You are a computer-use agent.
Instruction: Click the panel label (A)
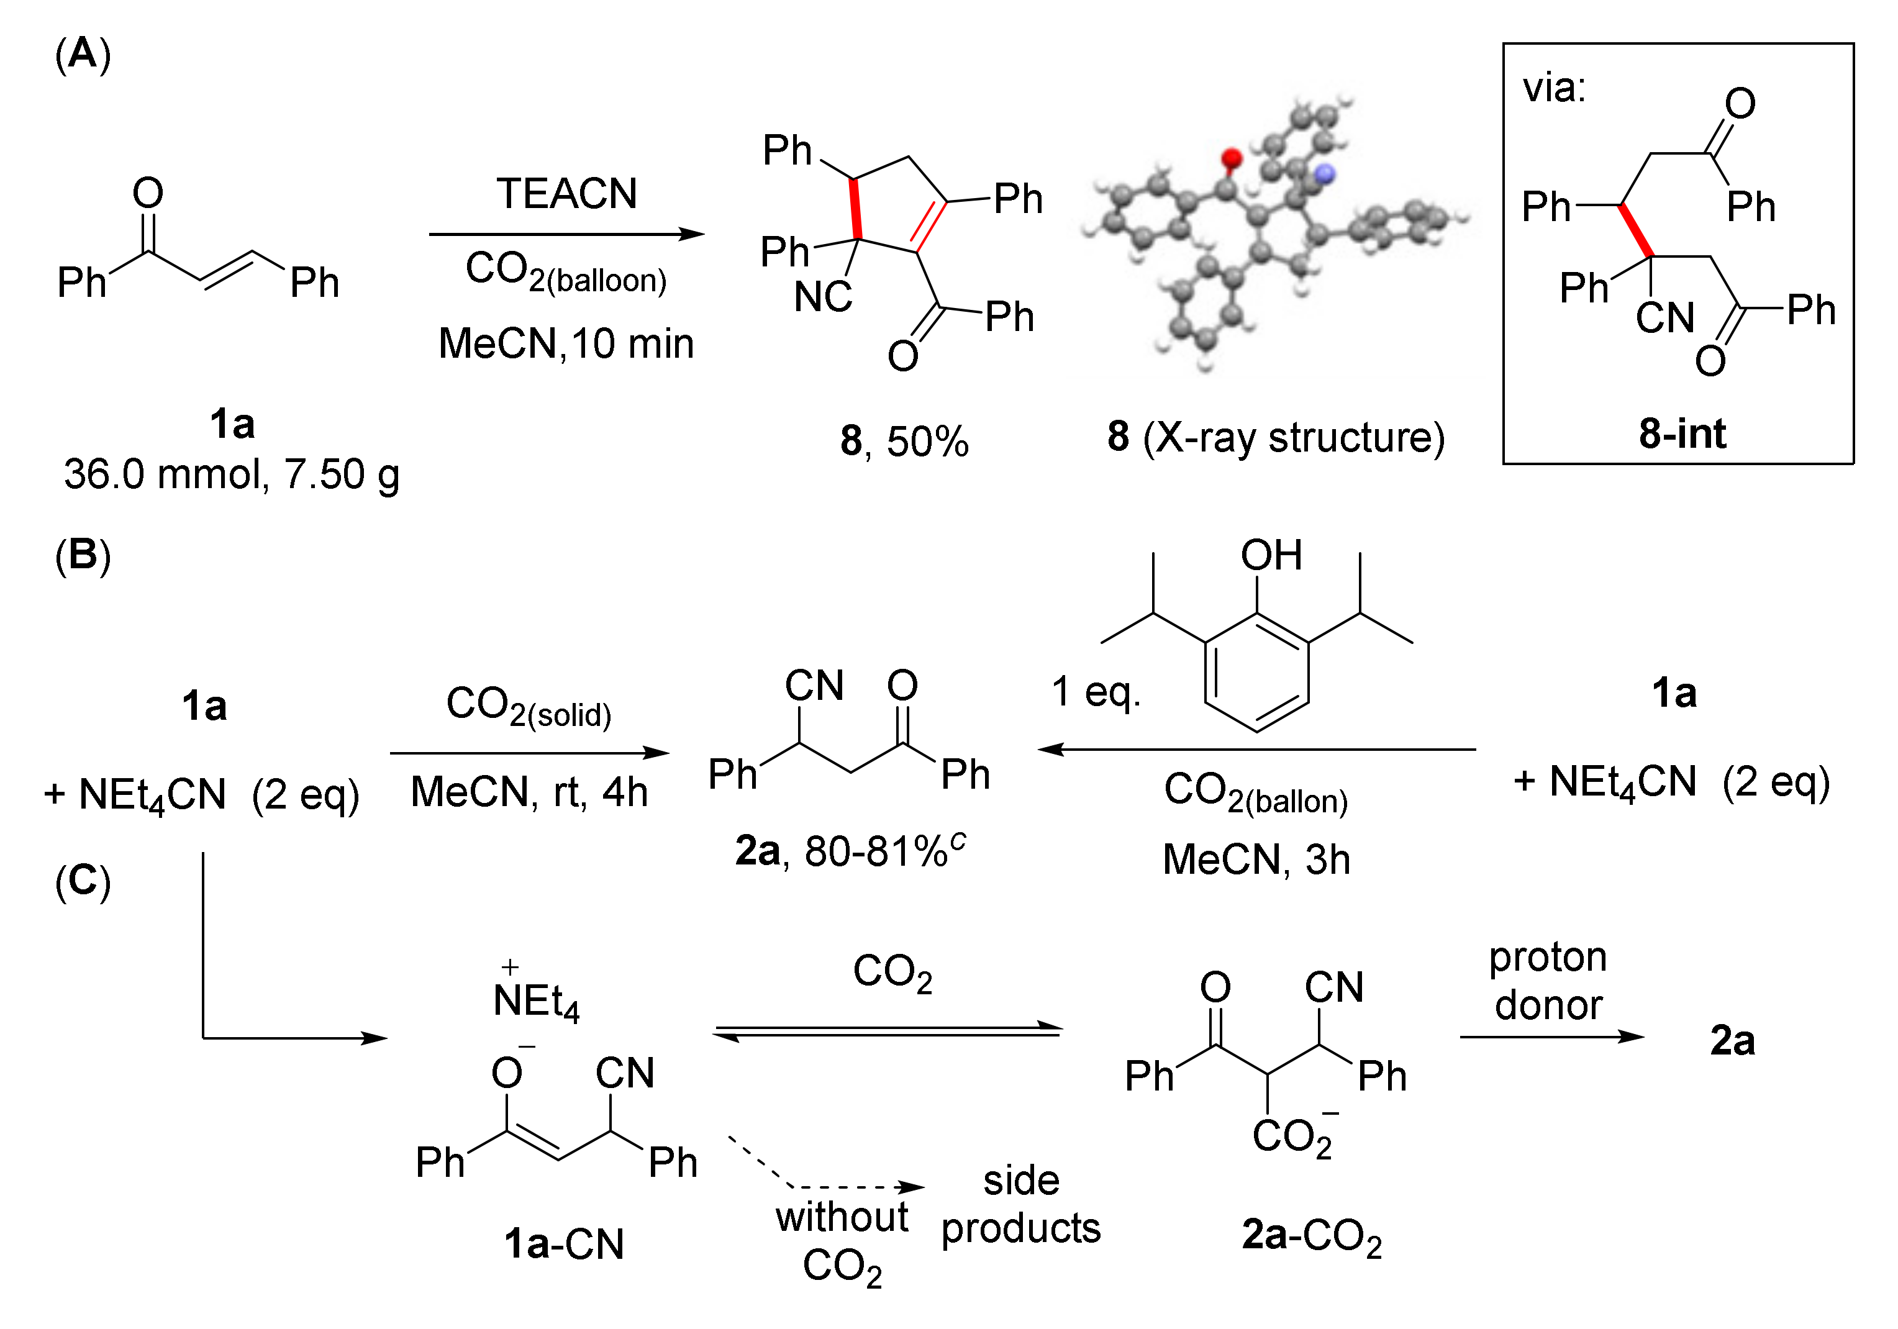pos(83,55)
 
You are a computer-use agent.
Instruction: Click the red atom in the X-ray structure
pos(1232,157)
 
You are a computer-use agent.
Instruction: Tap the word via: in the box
pos(1554,87)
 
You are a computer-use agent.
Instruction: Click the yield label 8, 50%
pos(904,440)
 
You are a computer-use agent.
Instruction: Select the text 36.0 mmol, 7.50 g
pos(232,474)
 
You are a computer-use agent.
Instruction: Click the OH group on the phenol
pos(1271,555)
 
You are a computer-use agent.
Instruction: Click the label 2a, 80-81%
pos(850,850)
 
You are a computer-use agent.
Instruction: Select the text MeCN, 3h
pos(1256,860)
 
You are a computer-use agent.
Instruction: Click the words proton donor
pos(1548,981)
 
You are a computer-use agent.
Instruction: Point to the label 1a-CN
pos(564,1244)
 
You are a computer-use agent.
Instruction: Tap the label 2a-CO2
pos(1312,1236)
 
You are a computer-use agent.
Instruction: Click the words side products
pos(1021,1204)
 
